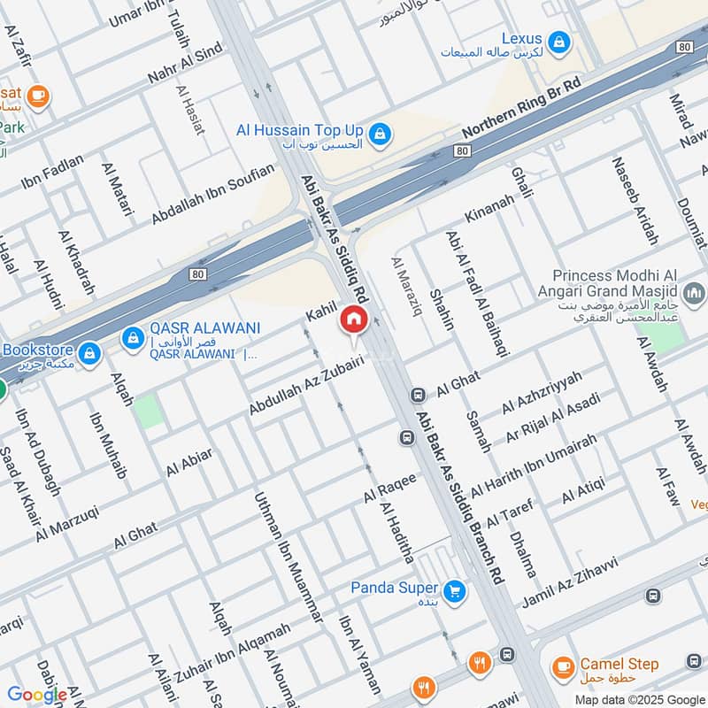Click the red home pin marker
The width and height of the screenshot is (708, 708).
pyautogui.click(x=354, y=319)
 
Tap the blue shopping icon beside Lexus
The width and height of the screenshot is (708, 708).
pyautogui.click(x=558, y=41)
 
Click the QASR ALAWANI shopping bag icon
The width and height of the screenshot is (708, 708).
pyautogui.click(x=133, y=337)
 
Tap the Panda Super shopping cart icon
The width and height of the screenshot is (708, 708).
pyautogui.click(x=455, y=589)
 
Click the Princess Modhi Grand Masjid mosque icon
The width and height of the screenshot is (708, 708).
pyautogui.click(x=695, y=291)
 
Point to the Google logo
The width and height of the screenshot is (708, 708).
pyautogui.click(x=37, y=695)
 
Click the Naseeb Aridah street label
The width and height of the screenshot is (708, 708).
pyautogui.click(x=635, y=202)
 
